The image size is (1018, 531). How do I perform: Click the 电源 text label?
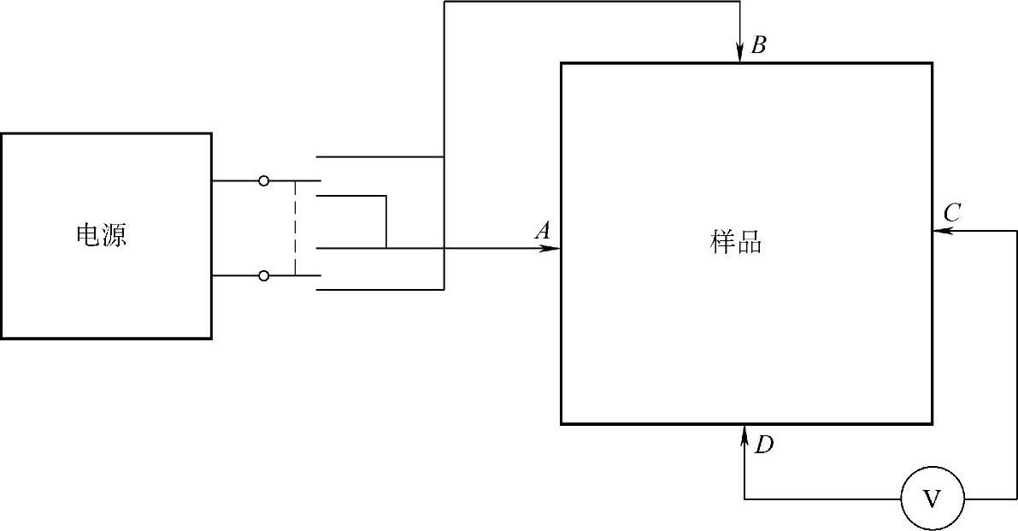[102, 236]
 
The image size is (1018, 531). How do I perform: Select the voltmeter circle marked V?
[932, 499]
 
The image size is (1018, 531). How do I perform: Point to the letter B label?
[758, 46]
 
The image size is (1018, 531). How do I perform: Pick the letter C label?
[953, 212]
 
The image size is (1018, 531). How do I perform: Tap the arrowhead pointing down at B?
[740, 55]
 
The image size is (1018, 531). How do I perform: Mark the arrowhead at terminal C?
[941, 231]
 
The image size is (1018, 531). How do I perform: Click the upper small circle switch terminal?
[263, 181]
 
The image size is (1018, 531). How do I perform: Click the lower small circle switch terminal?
[263, 275]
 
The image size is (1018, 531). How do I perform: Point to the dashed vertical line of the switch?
[296, 228]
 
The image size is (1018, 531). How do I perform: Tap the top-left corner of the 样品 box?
[562, 63]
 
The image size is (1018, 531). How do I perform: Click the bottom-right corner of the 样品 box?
[931, 423]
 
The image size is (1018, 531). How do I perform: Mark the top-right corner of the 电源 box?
[211, 133]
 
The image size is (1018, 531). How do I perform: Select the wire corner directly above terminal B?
[740, 2]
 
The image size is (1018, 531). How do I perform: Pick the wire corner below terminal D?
[744, 499]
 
